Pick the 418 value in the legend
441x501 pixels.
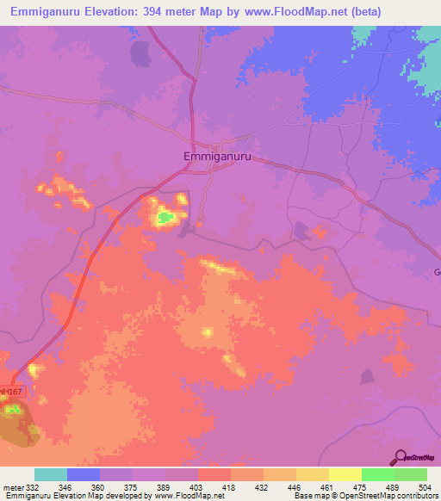pyautogui.click(x=230, y=487)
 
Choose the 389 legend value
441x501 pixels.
pyautogui.click(x=166, y=487)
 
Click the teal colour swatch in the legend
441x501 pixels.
pyautogui.click(x=51, y=474)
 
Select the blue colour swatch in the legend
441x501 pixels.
pyautogui.click(x=84, y=474)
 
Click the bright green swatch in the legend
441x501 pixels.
pyautogui.click(x=377, y=474)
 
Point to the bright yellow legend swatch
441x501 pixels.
pyautogui.click(x=345, y=474)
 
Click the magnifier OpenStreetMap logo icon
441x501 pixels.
pyautogui.click(x=399, y=456)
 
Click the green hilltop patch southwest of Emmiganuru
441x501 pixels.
pyautogui.click(x=164, y=218)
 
